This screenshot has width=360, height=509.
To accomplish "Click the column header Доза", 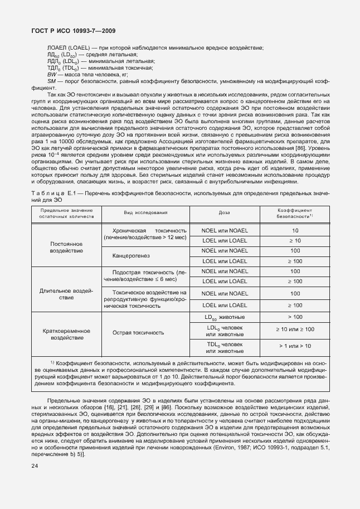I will tap(225, 228).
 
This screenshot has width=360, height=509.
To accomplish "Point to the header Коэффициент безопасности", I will tap(295, 228).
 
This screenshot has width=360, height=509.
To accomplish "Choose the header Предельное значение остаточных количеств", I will tap(66, 228).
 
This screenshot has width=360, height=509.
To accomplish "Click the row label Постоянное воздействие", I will tap(66, 248).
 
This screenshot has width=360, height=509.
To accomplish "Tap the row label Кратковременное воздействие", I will tap(66, 334).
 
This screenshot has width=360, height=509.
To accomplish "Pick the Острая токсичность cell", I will tap(138, 333).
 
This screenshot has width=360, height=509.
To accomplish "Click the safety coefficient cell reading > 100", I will tap(295, 317).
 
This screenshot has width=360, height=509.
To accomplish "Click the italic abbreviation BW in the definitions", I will tap(53, 74).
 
